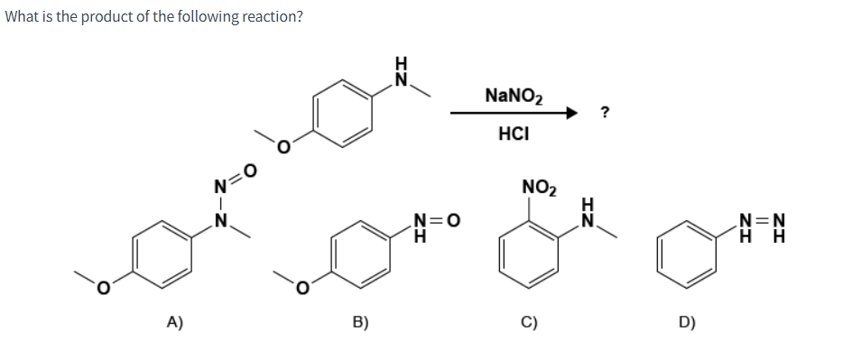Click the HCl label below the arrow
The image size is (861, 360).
[513, 134]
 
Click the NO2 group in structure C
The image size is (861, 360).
[540, 188]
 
